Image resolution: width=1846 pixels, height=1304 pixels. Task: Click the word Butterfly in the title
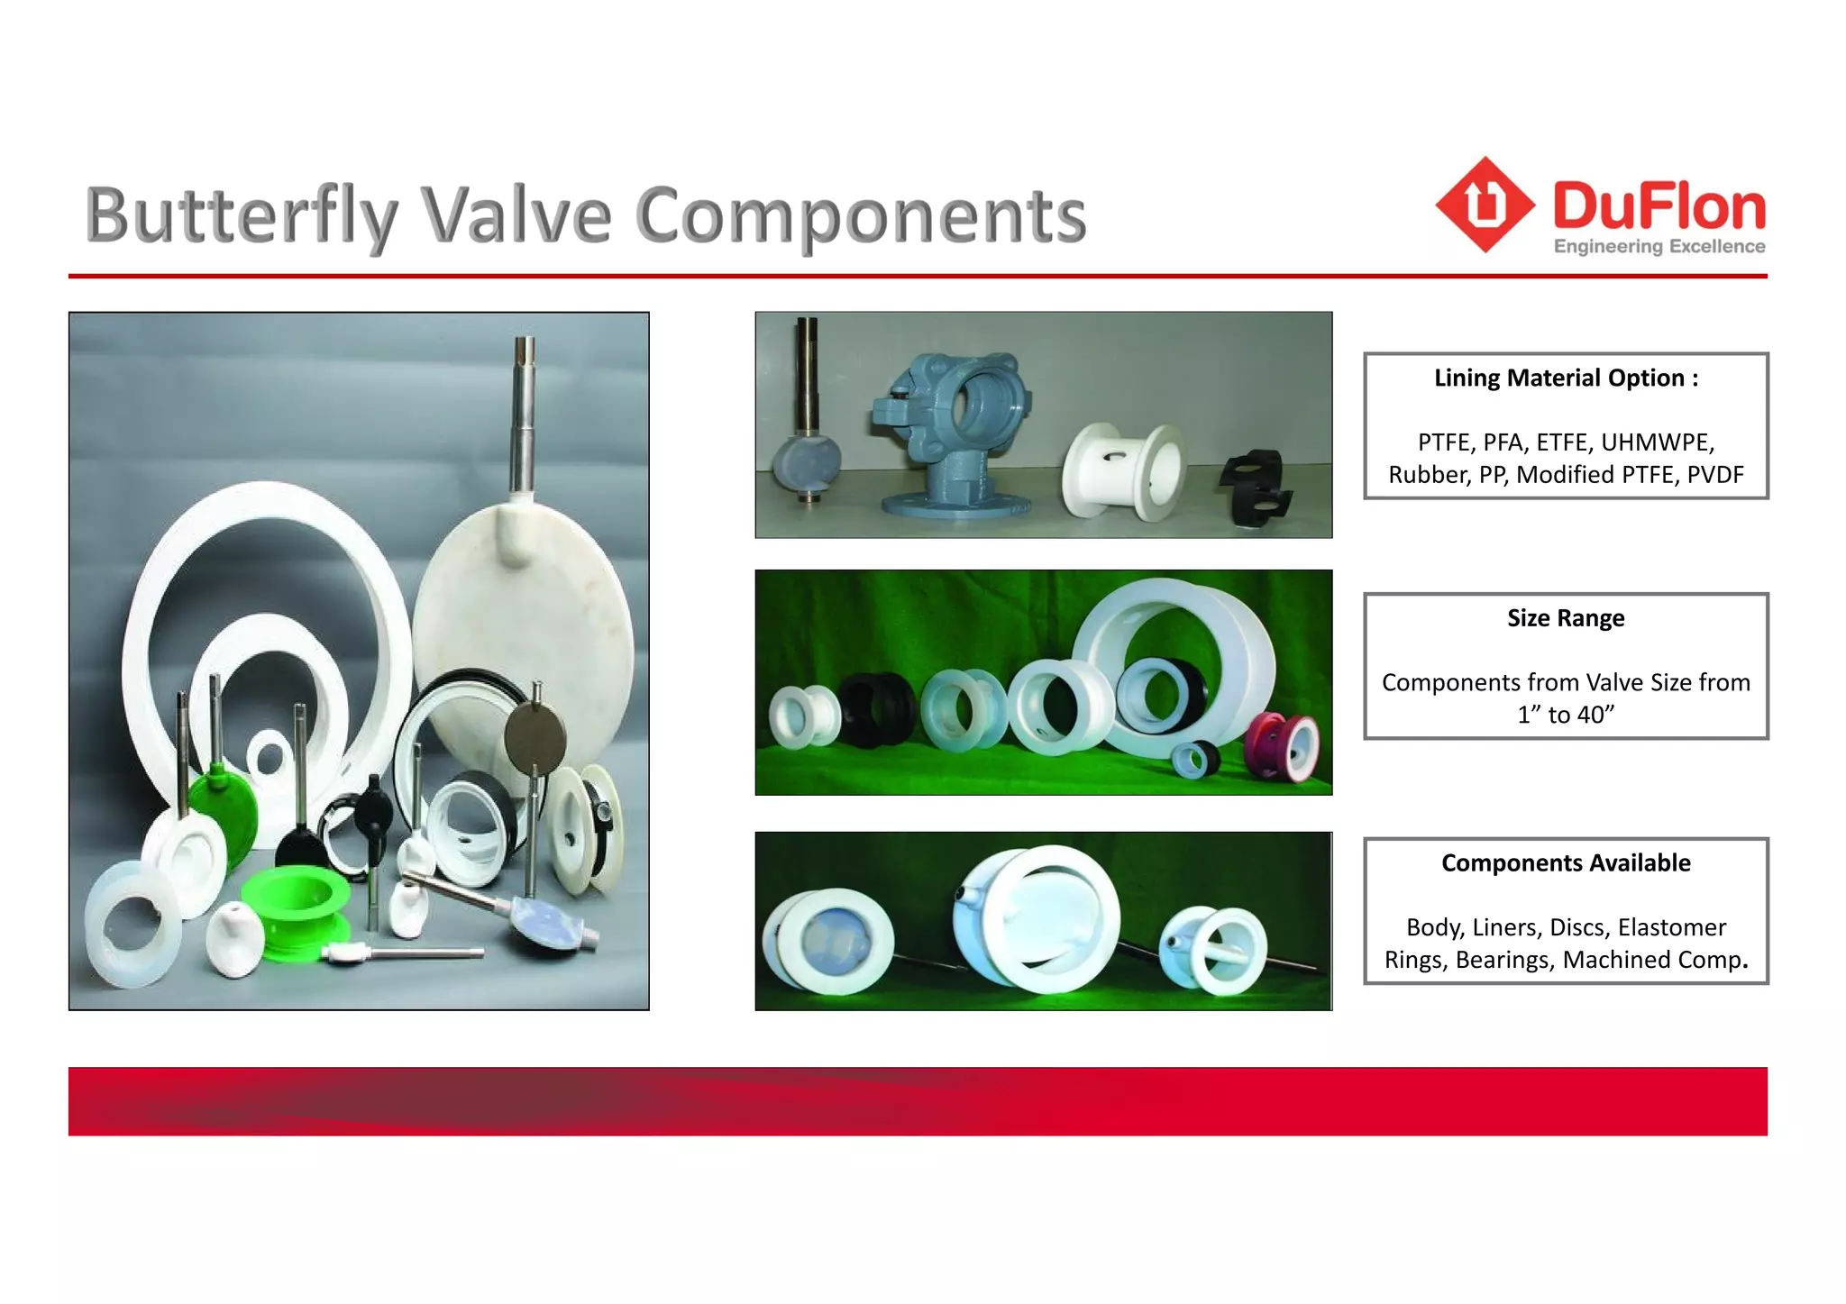tap(242, 216)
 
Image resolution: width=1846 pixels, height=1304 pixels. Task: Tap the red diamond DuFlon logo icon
tap(1485, 205)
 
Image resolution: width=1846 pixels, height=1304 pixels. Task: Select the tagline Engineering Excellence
tap(1659, 247)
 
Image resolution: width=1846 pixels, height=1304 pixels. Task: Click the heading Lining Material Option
tap(1566, 378)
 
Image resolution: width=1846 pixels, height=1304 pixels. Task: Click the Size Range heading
tap(1566, 618)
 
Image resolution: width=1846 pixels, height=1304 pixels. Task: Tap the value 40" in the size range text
tap(1592, 715)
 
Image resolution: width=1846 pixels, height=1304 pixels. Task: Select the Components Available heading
tap(1566, 863)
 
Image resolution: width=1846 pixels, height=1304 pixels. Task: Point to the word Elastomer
tap(1672, 927)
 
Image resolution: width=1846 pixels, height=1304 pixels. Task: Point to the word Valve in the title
tap(517, 216)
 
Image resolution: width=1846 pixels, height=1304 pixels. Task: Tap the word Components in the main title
tap(862, 216)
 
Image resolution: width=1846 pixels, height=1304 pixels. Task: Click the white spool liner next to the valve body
tap(1123, 472)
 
